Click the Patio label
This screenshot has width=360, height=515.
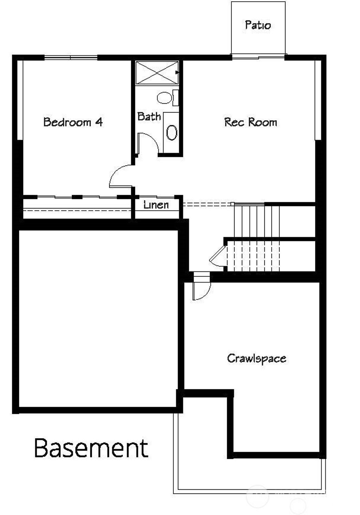tap(258, 25)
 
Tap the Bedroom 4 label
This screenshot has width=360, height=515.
tap(73, 122)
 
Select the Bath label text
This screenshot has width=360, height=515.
tap(149, 116)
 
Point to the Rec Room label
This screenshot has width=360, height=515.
tap(250, 122)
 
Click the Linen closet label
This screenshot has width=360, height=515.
tap(156, 205)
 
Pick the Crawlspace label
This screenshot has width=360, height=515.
tap(256, 358)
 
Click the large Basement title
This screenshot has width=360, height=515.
tap(91, 448)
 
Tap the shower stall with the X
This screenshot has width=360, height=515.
tap(157, 73)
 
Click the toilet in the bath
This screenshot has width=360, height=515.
tap(165, 98)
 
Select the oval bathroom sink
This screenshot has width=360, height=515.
tap(172, 133)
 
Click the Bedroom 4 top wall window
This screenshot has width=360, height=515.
tap(70, 57)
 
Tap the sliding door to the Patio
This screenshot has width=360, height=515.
tap(258, 56)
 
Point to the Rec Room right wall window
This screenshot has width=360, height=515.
tap(318, 100)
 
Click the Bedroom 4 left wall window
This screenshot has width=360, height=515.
tap(20, 100)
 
